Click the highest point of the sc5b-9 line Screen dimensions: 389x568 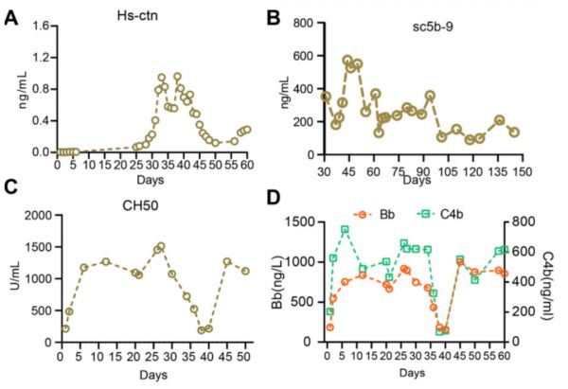coord(347,60)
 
